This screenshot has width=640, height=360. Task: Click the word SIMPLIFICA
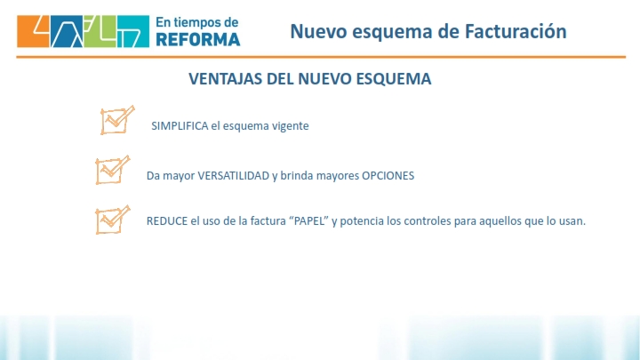180,125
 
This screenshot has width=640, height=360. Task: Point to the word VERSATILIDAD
234,175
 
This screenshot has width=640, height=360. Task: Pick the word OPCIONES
388,175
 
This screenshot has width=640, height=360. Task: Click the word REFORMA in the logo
198,40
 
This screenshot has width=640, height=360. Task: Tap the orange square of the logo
33,31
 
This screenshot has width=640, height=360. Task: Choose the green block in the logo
100,31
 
